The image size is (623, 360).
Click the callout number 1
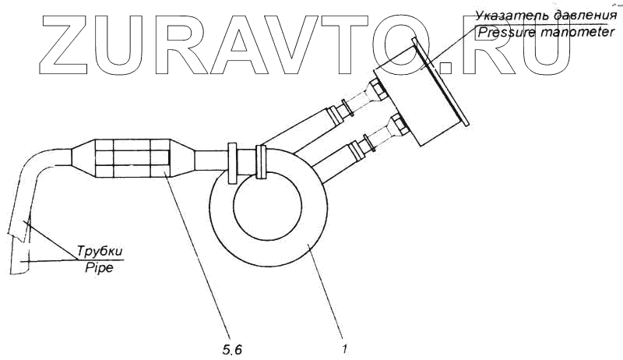coord(343,350)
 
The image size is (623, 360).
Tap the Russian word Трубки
coord(100,252)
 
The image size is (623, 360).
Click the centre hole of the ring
coord(266,206)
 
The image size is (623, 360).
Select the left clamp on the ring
coord(233,162)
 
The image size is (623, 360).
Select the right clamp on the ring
coord(262,162)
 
